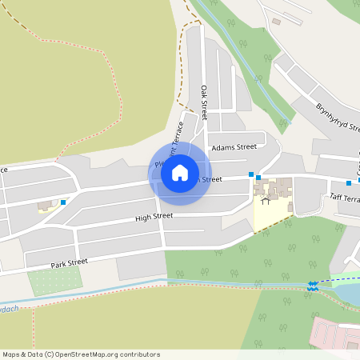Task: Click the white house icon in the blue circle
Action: click(x=180, y=172)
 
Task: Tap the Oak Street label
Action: click(x=205, y=102)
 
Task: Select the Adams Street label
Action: click(x=234, y=147)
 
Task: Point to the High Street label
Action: click(x=154, y=217)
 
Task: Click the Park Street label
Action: click(x=69, y=262)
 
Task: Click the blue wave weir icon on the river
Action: click(x=312, y=285)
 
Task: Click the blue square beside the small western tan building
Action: click(x=63, y=202)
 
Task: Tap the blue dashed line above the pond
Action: click(x=336, y=279)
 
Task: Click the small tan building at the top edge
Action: click(x=277, y=21)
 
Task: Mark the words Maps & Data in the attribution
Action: click(x=22, y=354)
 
